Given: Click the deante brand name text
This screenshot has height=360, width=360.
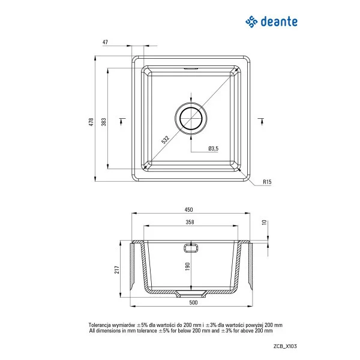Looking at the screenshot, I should click(279, 22).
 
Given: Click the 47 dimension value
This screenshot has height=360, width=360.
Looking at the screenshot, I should click(106, 43).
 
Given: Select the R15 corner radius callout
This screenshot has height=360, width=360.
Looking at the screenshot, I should click(267, 182).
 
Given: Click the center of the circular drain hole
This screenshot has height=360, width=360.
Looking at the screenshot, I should click(191, 118).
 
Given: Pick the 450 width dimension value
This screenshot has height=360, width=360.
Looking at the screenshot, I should click(188, 209).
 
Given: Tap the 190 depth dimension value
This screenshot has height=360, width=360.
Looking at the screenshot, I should click(187, 265).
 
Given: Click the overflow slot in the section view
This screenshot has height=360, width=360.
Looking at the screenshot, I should click(191, 246).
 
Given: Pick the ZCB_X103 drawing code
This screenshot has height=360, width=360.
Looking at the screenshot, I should click(284, 346).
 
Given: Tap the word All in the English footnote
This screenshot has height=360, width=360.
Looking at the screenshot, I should click(92, 331).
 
